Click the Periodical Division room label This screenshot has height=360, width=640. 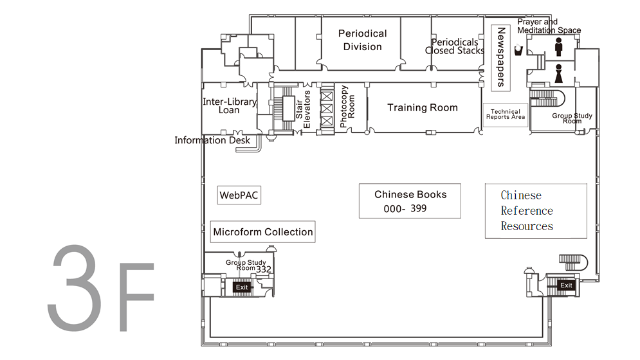(362, 40)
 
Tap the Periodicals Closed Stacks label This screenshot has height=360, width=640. (455, 46)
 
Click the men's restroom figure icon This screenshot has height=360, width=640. (558, 47)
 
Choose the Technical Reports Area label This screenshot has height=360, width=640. (505, 114)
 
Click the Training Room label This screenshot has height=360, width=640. (422, 107)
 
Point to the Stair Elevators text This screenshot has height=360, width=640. (303, 108)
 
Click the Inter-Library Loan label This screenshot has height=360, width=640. (229, 105)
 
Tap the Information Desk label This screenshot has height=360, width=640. (212, 140)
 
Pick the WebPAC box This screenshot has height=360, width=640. (239, 195)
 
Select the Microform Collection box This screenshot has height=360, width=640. (262, 232)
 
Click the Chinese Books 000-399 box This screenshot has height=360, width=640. (410, 201)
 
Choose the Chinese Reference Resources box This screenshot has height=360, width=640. (536, 211)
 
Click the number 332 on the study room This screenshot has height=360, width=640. (264, 269)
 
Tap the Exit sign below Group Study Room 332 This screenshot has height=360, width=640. (242, 287)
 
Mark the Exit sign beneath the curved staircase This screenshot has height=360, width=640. (566, 285)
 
